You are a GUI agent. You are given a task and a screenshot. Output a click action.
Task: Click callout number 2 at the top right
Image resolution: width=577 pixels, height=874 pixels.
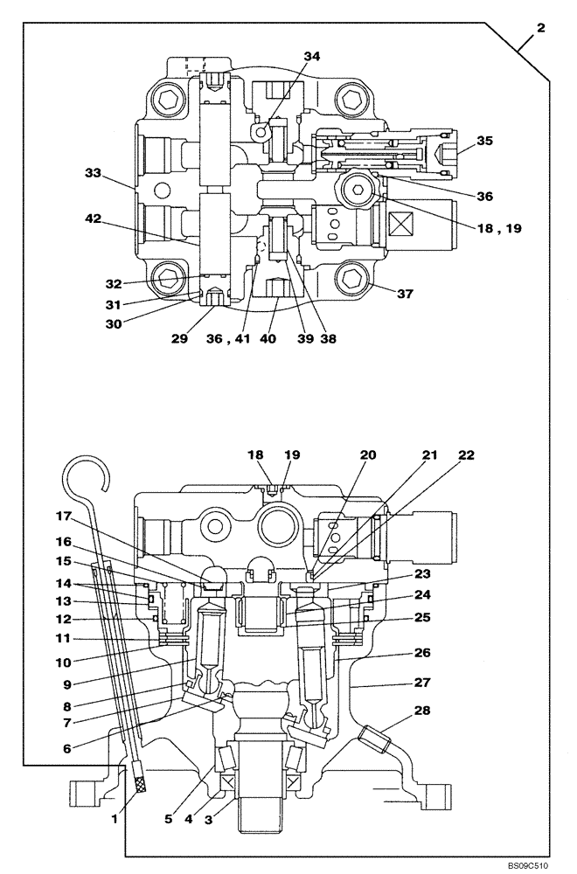point(540,29)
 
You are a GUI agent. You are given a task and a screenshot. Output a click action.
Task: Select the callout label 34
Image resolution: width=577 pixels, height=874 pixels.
point(312,56)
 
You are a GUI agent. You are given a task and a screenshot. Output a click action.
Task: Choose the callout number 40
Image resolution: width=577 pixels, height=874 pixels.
point(268,337)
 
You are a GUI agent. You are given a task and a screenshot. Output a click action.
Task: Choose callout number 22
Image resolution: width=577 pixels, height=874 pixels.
point(466,456)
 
